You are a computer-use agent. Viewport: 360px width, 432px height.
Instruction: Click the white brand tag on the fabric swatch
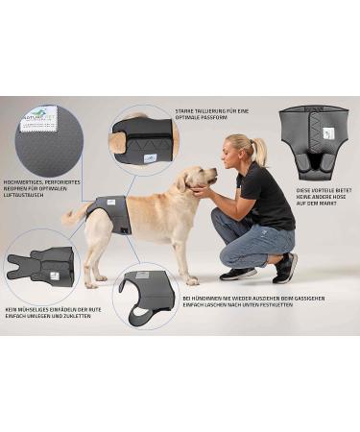pyautogui.click(x=40, y=117)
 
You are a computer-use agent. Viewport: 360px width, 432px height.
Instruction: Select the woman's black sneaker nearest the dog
pyautogui.click(x=237, y=274)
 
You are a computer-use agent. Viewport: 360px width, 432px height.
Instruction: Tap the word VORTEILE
pyautogui.click(x=312, y=190)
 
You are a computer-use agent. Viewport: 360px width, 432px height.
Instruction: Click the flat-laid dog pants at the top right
pyautogui.click(x=314, y=141)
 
